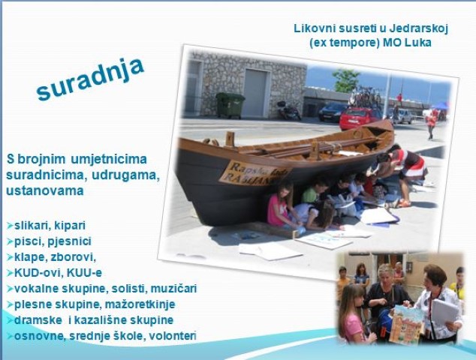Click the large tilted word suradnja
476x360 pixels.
point(90,79)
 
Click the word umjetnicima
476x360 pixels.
point(109,159)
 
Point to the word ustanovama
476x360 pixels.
point(45,191)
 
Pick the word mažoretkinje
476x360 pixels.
point(140,304)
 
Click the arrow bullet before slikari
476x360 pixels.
point(10,226)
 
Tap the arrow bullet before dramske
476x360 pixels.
point(10,320)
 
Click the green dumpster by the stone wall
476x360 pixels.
point(230,105)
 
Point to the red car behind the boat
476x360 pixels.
point(360,118)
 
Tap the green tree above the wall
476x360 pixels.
point(346,80)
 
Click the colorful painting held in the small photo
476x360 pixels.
point(405,324)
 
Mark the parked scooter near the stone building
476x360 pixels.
point(289,111)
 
